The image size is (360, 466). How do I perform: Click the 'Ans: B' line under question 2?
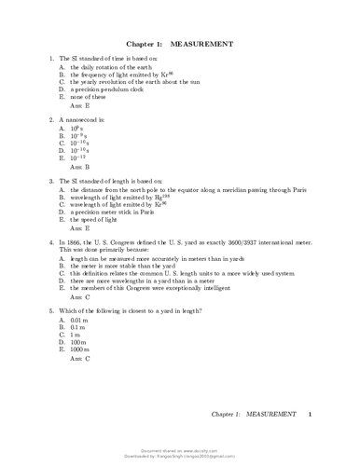tap(77, 168)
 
